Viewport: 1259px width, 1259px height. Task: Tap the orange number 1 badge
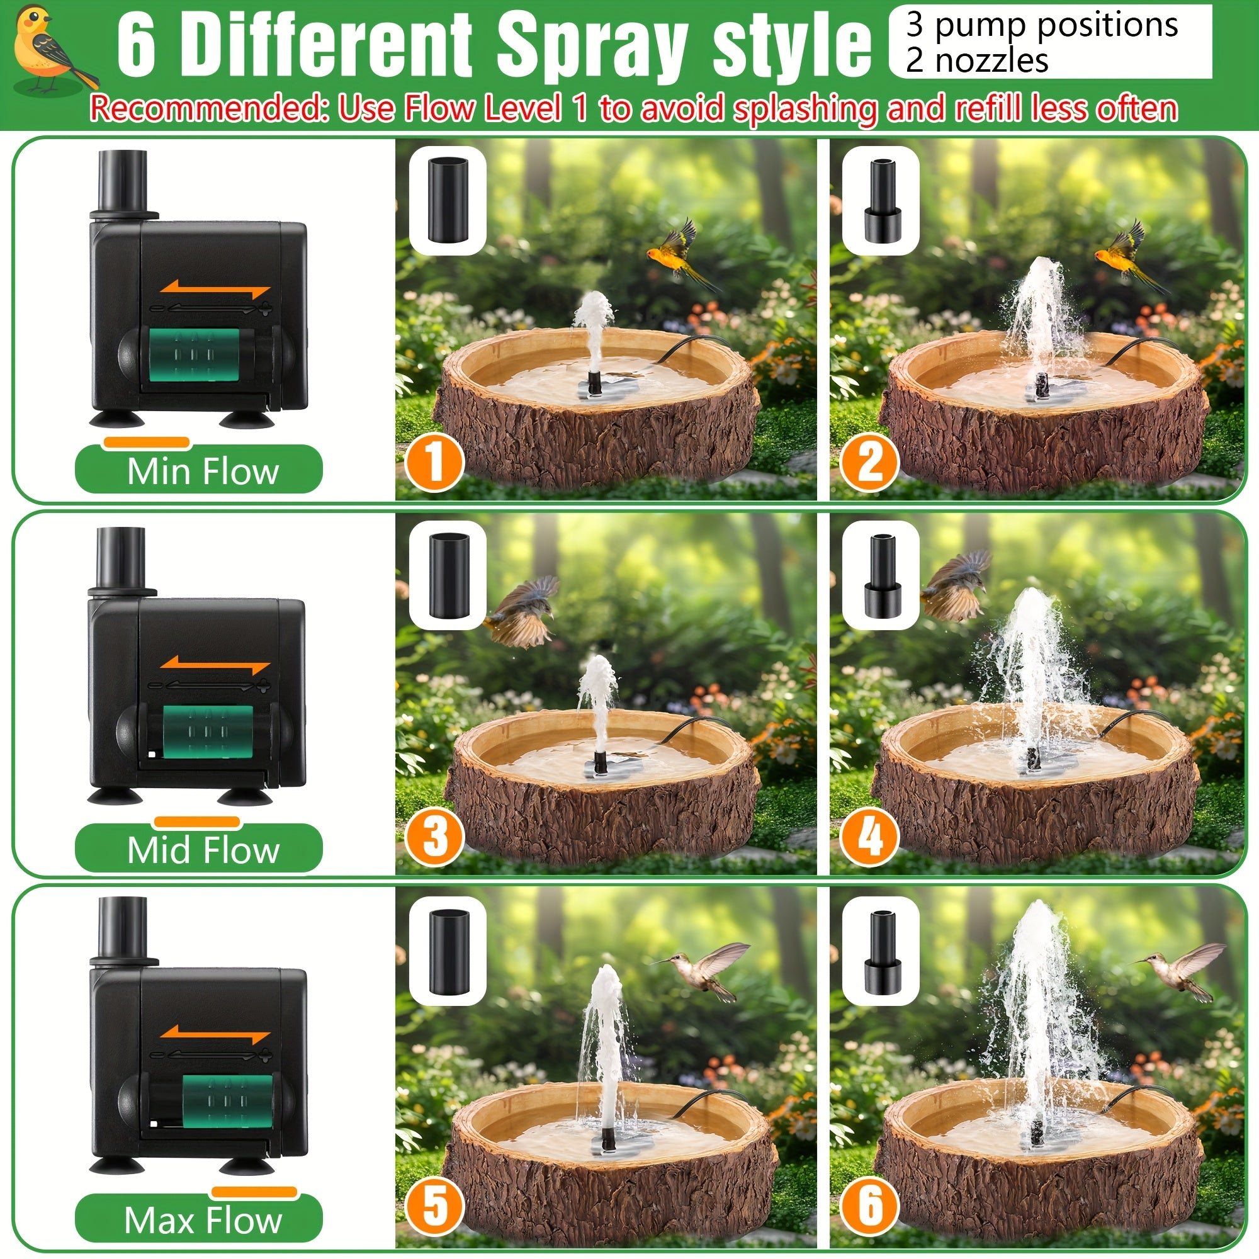(x=434, y=463)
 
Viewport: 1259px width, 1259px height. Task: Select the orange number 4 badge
(x=869, y=837)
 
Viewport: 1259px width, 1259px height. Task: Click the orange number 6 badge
(x=869, y=1205)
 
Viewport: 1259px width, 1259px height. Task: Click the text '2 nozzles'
(x=976, y=61)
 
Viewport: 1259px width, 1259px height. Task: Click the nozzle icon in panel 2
(x=881, y=202)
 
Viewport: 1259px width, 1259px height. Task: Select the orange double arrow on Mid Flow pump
(x=215, y=666)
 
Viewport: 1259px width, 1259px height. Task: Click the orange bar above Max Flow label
(x=254, y=1192)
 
